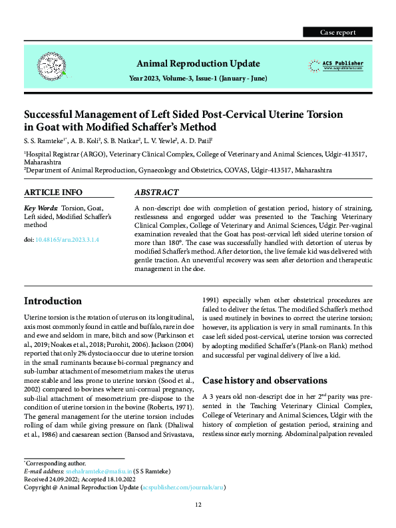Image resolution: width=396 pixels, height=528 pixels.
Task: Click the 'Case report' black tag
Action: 337,32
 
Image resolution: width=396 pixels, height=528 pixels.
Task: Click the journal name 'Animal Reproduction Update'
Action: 198,63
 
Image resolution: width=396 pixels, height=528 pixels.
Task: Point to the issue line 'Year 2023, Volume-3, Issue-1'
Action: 198,79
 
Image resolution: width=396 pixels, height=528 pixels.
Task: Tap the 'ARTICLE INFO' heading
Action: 53,192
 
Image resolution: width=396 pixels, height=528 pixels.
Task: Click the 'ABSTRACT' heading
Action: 156,192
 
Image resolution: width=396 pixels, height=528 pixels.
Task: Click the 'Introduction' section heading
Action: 53,301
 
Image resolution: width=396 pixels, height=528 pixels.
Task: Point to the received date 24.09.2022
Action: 69,478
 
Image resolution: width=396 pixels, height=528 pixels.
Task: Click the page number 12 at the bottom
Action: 198,505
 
